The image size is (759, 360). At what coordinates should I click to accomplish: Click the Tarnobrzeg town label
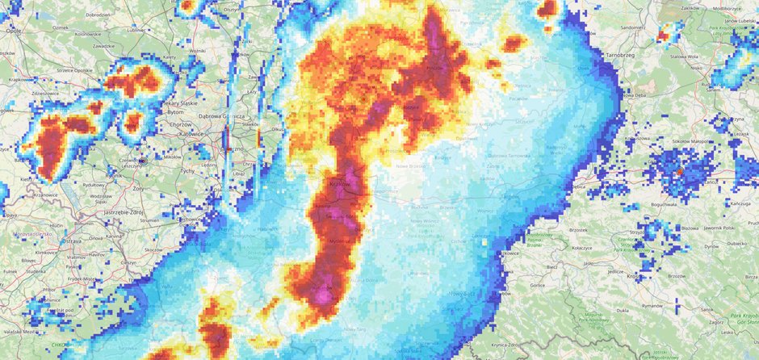(x=622, y=55)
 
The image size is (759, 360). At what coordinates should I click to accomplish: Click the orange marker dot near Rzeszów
(x=680, y=172)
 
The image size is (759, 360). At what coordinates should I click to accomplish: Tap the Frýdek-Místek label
(x=84, y=278)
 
